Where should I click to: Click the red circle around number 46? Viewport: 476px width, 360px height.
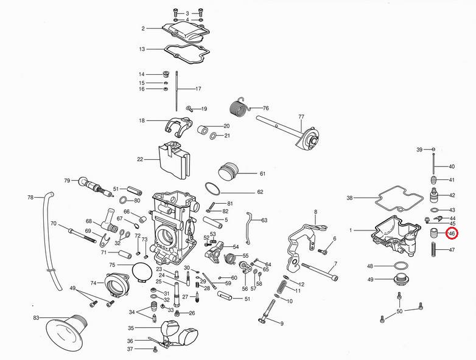451,233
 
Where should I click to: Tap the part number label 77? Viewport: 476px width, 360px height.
301,116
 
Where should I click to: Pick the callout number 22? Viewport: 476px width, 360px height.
139,159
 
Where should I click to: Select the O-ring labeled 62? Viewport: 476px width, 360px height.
215,189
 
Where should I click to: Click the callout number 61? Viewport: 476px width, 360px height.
262,173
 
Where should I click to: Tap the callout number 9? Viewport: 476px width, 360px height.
282,323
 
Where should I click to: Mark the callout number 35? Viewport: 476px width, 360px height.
131,328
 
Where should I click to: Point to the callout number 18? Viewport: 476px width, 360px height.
142,120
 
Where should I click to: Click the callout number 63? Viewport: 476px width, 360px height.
264,220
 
